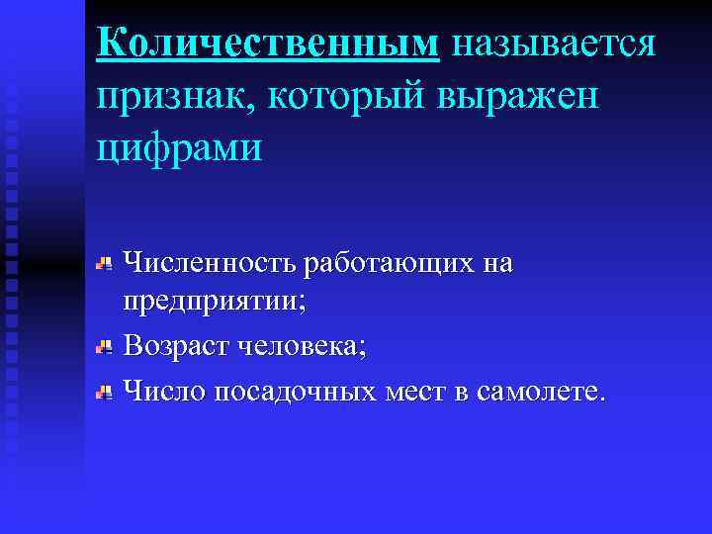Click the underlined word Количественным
[x=267, y=44]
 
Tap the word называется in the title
[x=552, y=44]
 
